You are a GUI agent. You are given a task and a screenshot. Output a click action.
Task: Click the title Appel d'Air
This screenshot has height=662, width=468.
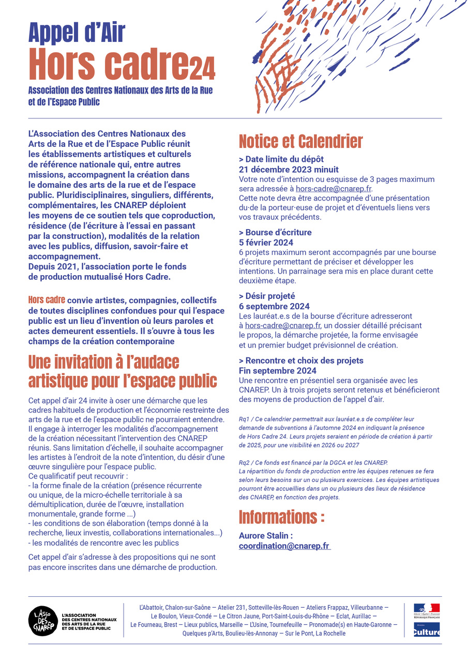pyautogui.click(x=77, y=33)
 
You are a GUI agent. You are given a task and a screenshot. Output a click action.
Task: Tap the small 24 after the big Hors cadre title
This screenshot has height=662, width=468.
pyautogui.click(x=202, y=69)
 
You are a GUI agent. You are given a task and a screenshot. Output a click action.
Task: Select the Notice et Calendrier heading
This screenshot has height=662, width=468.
pyautogui.click(x=300, y=141)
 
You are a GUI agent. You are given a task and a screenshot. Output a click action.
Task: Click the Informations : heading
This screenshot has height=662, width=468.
pyautogui.click(x=282, y=517)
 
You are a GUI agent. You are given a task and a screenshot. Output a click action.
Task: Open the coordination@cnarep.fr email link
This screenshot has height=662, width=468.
pyautogui.click(x=284, y=546)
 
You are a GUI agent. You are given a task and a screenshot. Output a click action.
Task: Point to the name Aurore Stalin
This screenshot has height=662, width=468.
pyautogui.click(x=266, y=536)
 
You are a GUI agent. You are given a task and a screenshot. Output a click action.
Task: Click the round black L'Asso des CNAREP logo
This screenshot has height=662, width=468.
pyautogui.click(x=42, y=620)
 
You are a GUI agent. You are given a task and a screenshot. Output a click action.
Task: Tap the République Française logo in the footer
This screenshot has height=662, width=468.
pyautogui.click(x=427, y=611)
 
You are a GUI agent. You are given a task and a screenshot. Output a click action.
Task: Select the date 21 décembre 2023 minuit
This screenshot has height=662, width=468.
pyautogui.click(x=289, y=169)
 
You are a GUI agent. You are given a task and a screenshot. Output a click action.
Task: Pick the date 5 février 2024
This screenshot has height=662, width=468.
pyautogui.click(x=266, y=243)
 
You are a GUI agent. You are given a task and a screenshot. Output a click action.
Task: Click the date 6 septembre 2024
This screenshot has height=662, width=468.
pyautogui.click(x=274, y=306)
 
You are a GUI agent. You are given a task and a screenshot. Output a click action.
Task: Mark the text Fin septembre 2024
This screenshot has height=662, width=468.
pyautogui.click(x=277, y=370)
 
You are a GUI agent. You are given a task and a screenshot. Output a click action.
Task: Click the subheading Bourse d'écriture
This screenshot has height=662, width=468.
pyautogui.click(x=278, y=232)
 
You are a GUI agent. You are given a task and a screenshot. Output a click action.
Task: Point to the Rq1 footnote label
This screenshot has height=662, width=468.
pyautogui.click(x=245, y=419)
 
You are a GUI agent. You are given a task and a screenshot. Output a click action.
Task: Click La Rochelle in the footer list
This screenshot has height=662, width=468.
pyautogui.click(x=330, y=634)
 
